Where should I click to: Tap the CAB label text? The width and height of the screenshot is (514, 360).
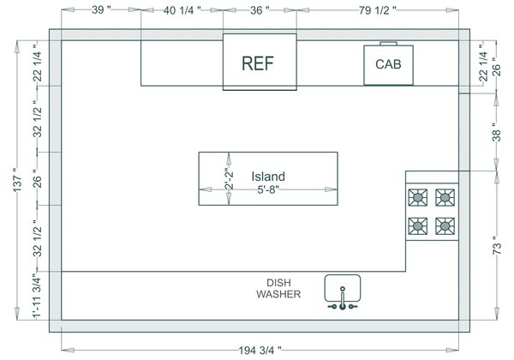tap(388, 64)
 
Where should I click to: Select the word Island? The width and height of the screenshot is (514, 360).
tap(268, 177)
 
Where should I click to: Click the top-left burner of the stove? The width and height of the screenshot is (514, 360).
tap(418, 198)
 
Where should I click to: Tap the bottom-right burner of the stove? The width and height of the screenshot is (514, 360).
tap(445, 226)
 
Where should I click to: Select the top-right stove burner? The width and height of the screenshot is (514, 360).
tap(445, 198)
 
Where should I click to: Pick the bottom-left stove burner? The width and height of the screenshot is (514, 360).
tap(418, 226)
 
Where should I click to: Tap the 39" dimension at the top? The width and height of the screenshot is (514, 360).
tap(101, 11)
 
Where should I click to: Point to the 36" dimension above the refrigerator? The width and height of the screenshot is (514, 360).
tap(260, 11)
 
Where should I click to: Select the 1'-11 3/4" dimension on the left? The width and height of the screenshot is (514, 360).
tap(36, 297)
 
